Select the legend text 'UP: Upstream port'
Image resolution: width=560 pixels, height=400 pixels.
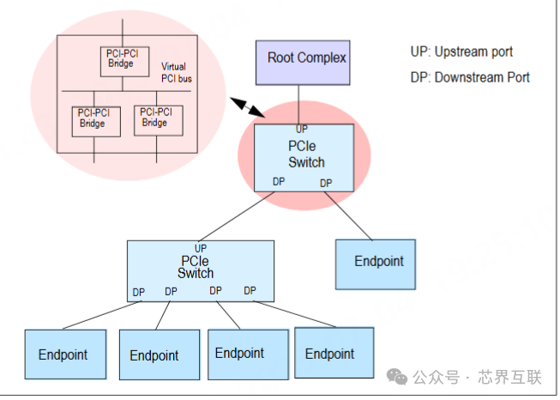[461, 52]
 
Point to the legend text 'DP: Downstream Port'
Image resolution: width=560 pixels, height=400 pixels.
[470, 77]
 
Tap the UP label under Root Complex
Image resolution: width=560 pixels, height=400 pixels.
[302, 130]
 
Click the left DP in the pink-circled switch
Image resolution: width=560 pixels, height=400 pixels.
[279, 182]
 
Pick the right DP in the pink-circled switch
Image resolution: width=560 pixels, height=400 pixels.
[326, 183]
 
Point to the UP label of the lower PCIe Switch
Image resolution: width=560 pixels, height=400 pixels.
[201, 248]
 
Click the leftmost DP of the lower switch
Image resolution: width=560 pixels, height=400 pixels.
[139, 293]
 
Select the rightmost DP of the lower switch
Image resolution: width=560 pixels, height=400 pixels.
[250, 291]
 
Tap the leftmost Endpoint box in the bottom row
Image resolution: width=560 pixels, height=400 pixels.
[63, 354]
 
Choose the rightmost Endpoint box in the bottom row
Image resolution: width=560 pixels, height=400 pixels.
[330, 353]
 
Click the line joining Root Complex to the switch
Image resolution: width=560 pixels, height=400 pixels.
[300, 103]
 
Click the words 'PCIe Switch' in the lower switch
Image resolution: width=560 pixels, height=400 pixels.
[196, 267]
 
